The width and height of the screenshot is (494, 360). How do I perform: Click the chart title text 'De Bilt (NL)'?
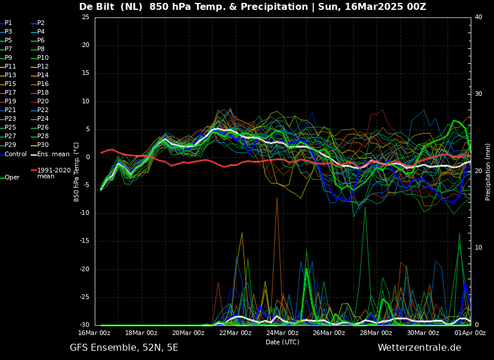110,7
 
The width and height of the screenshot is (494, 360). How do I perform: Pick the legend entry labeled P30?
43,145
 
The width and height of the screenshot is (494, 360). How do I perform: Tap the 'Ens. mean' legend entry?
53,154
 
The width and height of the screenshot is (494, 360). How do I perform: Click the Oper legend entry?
12,178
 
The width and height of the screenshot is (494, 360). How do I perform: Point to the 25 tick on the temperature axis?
85,17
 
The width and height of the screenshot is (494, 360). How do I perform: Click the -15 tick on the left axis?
84,241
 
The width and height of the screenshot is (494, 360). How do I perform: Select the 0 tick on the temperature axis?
87,157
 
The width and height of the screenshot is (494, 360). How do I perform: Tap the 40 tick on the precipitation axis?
478,17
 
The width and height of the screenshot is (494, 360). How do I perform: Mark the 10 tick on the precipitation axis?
478,248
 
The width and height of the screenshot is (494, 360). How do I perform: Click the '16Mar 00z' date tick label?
94,333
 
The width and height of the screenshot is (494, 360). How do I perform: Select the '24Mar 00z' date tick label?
282,333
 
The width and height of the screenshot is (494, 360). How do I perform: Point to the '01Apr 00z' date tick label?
470,333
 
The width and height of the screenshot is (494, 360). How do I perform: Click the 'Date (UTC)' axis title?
282,342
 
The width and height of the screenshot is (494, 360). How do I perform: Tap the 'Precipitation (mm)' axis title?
488,172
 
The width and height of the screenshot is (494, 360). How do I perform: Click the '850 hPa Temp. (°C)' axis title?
77,172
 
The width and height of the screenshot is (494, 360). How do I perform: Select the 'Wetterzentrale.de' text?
419,348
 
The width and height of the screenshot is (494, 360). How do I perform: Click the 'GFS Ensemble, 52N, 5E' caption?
124,348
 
